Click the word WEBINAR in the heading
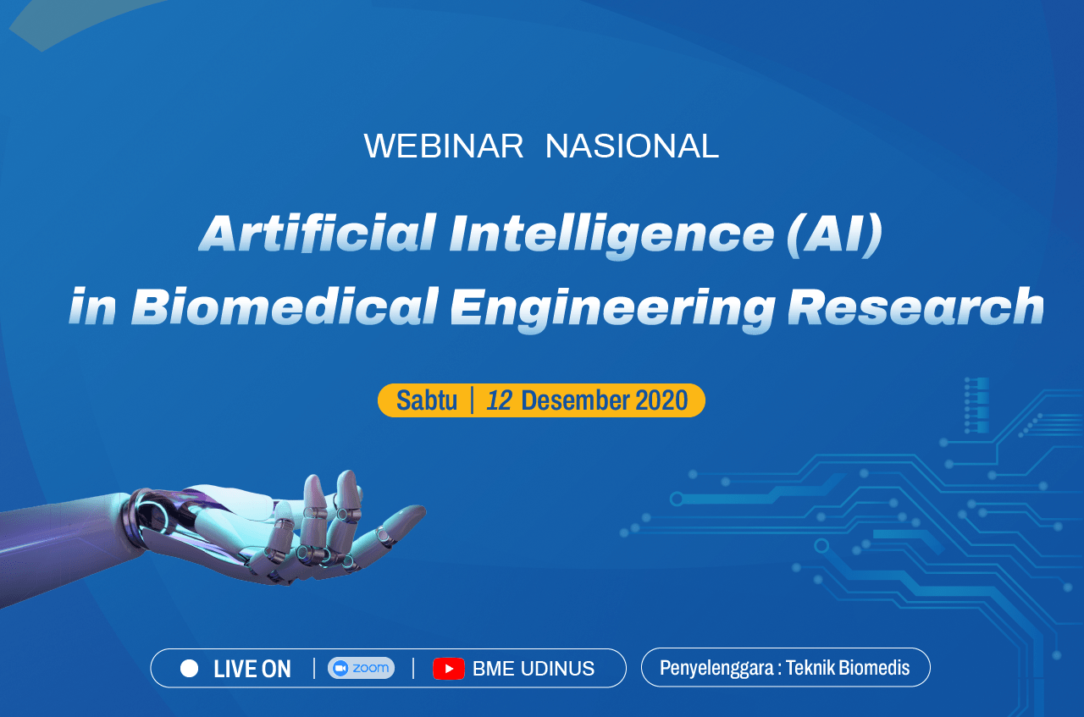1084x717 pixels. (x=444, y=146)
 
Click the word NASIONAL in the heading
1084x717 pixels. (x=632, y=146)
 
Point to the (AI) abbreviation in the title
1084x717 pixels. (x=834, y=234)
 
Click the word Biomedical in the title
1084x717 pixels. (x=285, y=306)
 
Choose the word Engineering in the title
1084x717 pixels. (x=612, y=308)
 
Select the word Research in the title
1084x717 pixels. (x=915, y=306)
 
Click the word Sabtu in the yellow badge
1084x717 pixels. (x=427, y=400)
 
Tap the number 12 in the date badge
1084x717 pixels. (x=499, y=400)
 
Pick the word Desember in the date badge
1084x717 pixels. (x=575, y=400)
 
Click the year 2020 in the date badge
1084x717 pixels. (x=661, y=400)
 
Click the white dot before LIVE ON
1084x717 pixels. (x=190, y=669)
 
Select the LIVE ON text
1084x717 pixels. (x=252, y=669)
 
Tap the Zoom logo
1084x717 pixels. (x=361, y=668)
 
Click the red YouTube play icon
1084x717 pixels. (x=449, y=669)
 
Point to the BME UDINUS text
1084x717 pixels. (x=534, y=669)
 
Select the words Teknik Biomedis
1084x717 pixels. (x=848, y=668)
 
